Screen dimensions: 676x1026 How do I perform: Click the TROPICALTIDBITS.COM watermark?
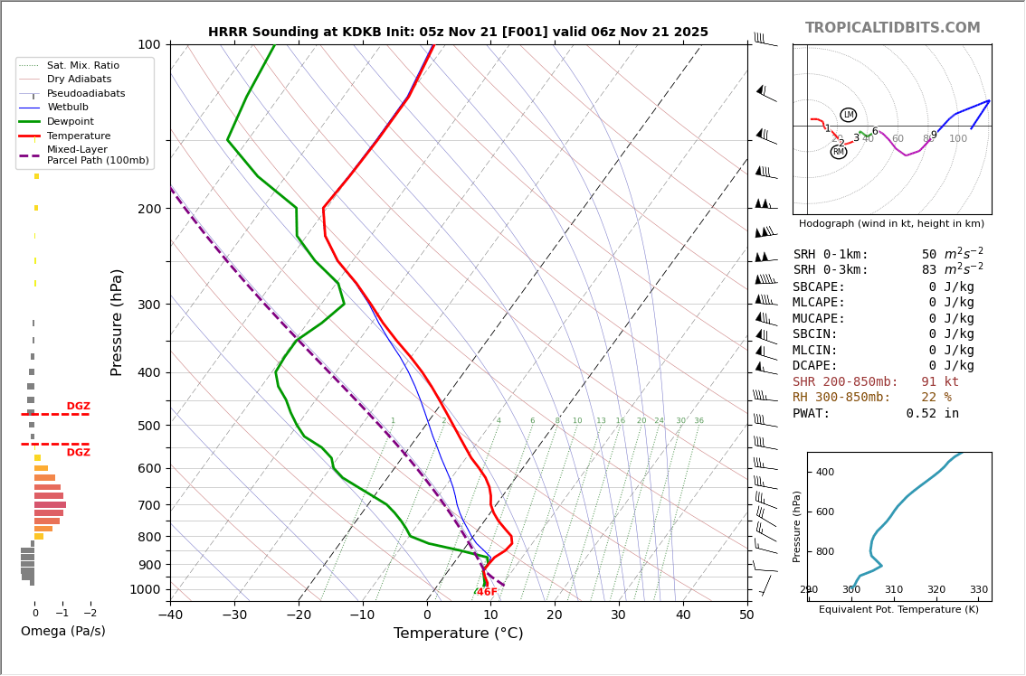[892, 28]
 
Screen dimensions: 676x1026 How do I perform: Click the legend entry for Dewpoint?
[71, 121]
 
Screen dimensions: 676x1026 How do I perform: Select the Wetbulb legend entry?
[68, 108]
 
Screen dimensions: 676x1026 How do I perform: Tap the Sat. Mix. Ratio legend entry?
[83, 66]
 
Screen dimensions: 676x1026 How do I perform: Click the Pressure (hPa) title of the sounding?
[117, 322]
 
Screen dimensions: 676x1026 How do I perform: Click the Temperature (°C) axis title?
[458, 634]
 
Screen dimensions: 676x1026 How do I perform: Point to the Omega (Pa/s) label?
[63, 631]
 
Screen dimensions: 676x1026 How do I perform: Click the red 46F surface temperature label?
[487, 592]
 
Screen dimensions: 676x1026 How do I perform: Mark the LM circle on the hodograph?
[848, 115]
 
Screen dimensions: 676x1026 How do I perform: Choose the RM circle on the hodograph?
[839, 152]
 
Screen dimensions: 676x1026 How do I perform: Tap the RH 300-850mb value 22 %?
[936, 398]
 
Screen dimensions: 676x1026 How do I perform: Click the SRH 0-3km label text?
[830, 270]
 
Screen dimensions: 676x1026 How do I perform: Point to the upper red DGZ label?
[78, 407]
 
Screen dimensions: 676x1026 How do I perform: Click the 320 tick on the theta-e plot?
[936, 590]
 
